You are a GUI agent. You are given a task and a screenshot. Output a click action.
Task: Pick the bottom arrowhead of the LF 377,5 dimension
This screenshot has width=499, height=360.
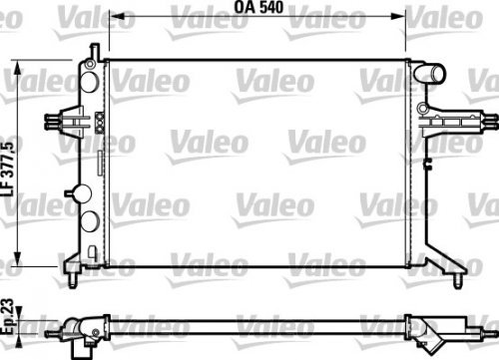(22, 255)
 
